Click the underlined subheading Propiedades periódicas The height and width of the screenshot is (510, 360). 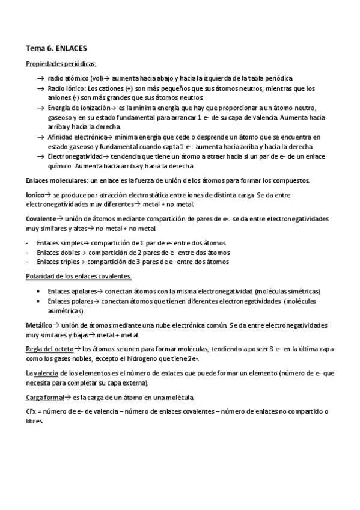(x=61, y=64)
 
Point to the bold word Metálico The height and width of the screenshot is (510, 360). (x=38, y=325)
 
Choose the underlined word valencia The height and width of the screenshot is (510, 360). (x=46, y=373)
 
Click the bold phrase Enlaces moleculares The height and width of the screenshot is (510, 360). (x=56, y=180)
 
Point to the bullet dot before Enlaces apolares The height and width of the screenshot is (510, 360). (x=39, y=290)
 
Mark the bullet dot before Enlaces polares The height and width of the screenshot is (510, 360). (x=39, y=300)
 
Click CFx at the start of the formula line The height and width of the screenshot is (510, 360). (x=32, y=413)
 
